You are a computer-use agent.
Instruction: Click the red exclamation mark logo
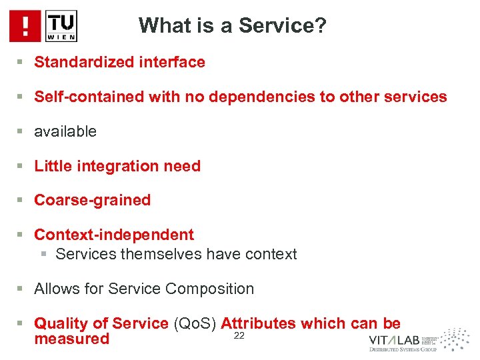(25, 26)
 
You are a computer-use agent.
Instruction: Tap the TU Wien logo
(61, 26)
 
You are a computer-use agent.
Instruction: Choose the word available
(65, 132)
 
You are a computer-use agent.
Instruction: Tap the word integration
(107, 167)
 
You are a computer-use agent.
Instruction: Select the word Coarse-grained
(92, 201)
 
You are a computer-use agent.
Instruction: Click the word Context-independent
(114, 235)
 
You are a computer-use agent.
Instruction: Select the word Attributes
(258, 324)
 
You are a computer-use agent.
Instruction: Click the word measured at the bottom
(71, 339)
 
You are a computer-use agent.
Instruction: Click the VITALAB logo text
(394, 339)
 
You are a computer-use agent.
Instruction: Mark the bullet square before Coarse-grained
(21, 201)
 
